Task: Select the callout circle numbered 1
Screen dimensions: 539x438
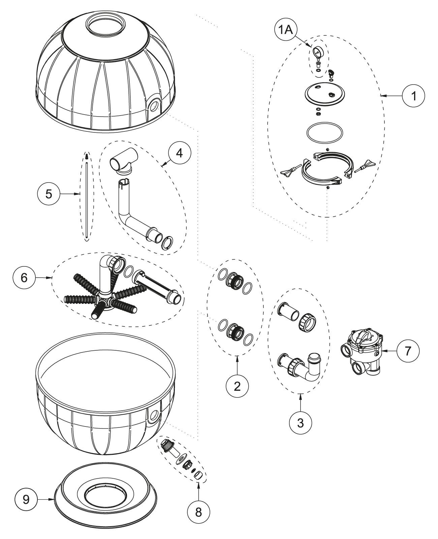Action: [x=413, y=96]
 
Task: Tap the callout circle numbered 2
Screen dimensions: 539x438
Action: [x=237, y=386]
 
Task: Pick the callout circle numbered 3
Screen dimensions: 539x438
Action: [x=301, y=422]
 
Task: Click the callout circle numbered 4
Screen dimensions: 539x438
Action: [x=180, y=153]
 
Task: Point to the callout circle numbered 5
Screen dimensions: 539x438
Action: [x=49, y=194]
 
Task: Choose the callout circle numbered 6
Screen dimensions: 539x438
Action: [x=24, y=278]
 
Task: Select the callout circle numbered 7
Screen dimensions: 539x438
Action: [x=408, y=351]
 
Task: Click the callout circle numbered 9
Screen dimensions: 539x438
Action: [x=26, y=500]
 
